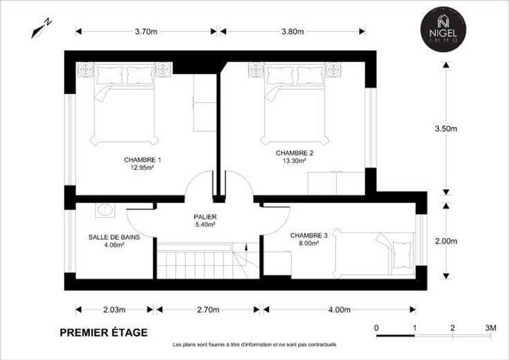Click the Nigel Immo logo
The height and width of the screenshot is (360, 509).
click(443, 29)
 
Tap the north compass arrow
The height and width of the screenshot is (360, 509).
click(41, 28)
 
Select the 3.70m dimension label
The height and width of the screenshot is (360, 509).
click(146, 32)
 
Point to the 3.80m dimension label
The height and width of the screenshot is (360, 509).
click(293, 32)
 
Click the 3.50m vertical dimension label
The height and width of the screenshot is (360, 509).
click(446, 129)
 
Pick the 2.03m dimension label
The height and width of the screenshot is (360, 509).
click(114, 310)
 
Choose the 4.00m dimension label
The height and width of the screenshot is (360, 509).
click(340, 310)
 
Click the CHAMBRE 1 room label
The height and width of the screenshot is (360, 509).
click(142, 160)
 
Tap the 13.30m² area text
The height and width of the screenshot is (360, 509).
click(295, 160)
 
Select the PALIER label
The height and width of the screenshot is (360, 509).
click(205, 217)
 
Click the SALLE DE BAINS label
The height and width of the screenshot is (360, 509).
click(114, 238)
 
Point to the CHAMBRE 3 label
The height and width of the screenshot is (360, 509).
click(308, 236)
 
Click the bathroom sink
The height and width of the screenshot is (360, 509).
click(105, 210)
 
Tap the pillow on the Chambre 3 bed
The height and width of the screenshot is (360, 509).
click(402, 254)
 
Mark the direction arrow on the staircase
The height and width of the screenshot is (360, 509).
click(246, 247)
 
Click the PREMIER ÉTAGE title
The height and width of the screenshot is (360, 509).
click(104, 333)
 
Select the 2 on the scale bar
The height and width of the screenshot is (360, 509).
click(452, 328)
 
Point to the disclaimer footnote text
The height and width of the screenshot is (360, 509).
click(254, 344)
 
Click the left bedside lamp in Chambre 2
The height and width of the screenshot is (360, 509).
click(256, 69)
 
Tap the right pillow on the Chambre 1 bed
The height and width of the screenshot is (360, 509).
click(140, 75)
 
